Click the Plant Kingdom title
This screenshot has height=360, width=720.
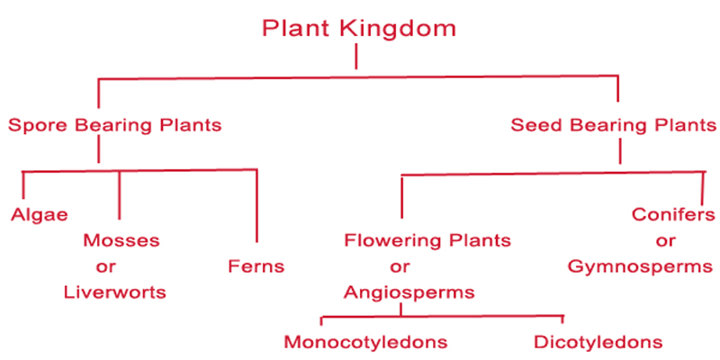(358, 28)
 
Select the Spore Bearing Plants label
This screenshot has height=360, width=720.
(114, 125)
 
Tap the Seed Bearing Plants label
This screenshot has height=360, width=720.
(613, 125)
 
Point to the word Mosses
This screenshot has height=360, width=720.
(121, 240)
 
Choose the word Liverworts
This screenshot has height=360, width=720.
(115, 292)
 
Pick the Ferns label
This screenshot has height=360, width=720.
(256, 265)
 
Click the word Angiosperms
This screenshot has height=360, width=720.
(409, 292)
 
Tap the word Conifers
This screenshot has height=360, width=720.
(673, 214)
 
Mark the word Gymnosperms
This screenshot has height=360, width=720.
(640, 266)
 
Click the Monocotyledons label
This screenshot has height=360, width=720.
(365, 342)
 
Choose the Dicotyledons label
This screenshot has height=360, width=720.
(598, 342)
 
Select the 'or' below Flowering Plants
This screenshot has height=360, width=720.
(400, 266)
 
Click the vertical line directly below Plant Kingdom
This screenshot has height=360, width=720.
(357, 56)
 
